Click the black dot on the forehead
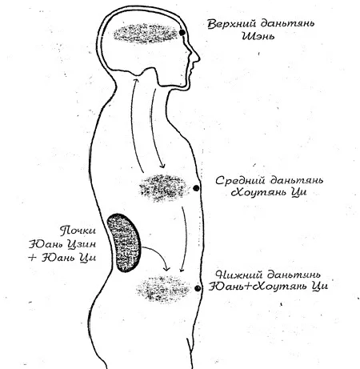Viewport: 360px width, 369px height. pyautogui.click(x=182, y=33)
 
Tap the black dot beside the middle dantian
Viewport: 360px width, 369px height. pyautogui.click(x=196, y=188)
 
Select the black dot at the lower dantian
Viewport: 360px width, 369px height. pyautogui.click(x=198, y=288)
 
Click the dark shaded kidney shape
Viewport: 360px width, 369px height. pyautogui.click(x=124, y=243)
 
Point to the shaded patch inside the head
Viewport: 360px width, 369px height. pyautogui.click(x=146, y=34)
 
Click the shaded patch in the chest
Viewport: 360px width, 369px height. pyautogui.click(x=162, y=187)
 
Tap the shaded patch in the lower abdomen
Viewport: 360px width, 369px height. pyautogui.click(x=163, y=289)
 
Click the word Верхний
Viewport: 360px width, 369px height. pyautogui.click(x=231, y=24)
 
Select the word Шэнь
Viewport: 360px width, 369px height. pyautogui.click(x=258, y=35)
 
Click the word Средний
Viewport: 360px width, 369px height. pyautogui.click(x=240, y=181)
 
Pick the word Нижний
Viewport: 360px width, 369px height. pyautogui.click(x=239, y=275)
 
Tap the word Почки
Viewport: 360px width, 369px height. pyautogui.click(x=78, y=231)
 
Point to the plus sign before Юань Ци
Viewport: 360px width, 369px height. pyautogui.click(x=32, y=258)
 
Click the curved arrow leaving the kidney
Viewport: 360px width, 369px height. pyautogui.click(x=158, y=254)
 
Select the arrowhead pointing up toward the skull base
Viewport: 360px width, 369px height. pyautogui.click(x=136, y=80)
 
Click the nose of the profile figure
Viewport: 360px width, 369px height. pyautogui.click(x=197, y=58)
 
